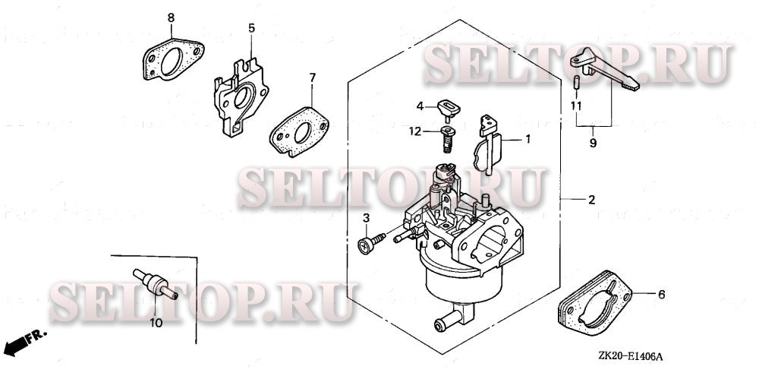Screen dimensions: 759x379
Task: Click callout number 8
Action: (x=171, y=18)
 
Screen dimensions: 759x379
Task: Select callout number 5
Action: (x=252, y=28)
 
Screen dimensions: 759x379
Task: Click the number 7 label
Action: (x=312, y=77)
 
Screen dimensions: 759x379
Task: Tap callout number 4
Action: (x=420, y=106)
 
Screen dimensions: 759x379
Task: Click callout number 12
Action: (x=415, y=131)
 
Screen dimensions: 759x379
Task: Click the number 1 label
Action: (x=528, y=139)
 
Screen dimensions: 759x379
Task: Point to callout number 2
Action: (x=591, y=199)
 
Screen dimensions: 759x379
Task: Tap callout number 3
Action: (x=366, y=218)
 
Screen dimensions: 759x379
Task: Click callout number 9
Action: (x=593, y=143)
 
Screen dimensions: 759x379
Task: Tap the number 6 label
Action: (x=661, y=294)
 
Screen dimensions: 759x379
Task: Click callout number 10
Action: (x=156, y=323)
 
